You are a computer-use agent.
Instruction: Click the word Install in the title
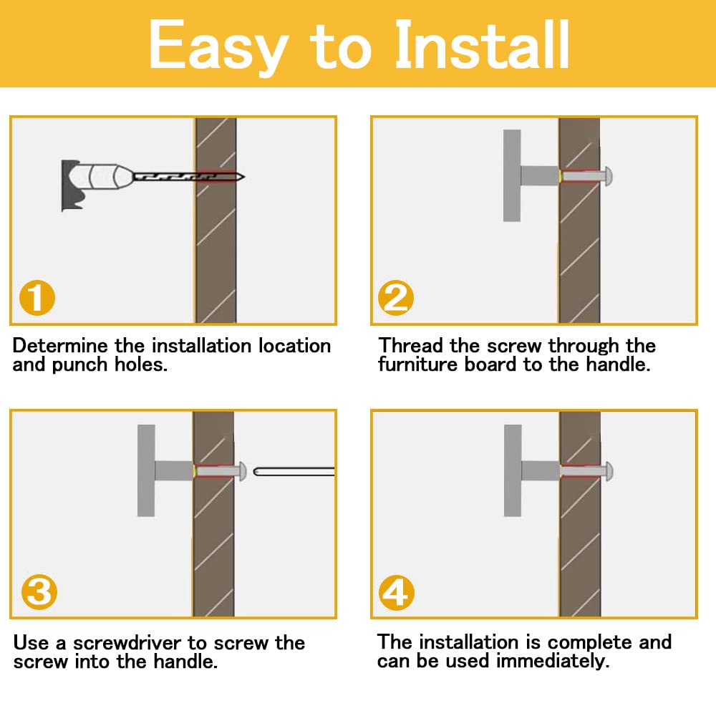(x=482, y=44)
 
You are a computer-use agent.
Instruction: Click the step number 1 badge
(x=37, y=298)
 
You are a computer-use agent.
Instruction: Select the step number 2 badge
(x=396, y=298)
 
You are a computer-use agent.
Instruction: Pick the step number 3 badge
(x=39, y=592)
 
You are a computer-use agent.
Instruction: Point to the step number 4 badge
(x=397, y=593)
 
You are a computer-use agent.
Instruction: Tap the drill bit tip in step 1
(x=243, y=177)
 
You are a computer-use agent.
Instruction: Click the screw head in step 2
(x=608, y=176)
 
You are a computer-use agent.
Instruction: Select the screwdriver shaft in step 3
(x=294, y=472)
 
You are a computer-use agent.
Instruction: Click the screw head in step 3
(x=242, y=471)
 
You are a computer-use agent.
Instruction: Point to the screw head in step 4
(x=609, y=471)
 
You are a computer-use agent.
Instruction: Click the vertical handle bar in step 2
(x=512, y=176)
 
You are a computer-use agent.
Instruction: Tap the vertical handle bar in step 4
(x=513, y=471)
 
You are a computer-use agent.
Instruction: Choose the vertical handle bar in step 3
(x=146, y=471)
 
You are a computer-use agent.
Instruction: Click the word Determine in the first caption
(x=60, y=346)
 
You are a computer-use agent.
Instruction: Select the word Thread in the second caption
(x=410, y=346)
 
